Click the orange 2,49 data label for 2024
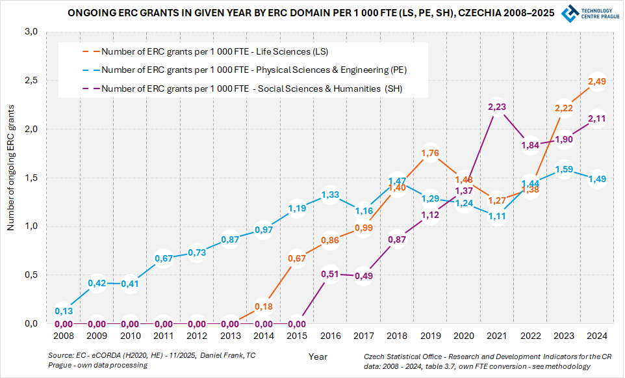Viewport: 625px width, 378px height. [x=596, y=81]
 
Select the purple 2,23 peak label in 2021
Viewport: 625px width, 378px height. [x=497, y=107]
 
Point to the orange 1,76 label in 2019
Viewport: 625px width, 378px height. [x=430, y=153]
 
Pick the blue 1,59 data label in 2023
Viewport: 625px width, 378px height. [x=563, y=169]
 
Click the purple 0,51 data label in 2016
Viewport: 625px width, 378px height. [x=330, y=274]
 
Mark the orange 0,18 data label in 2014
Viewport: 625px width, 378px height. [x=263, y=306]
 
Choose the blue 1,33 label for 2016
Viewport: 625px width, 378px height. [x=330, y=194]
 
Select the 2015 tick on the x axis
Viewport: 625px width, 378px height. [x=296, y=336]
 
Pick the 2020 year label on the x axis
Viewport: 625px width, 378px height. [x=463, y=336]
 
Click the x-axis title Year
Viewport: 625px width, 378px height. [x=318, y=357]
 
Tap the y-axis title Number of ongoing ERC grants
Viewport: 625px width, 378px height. [x=11, y=177]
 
